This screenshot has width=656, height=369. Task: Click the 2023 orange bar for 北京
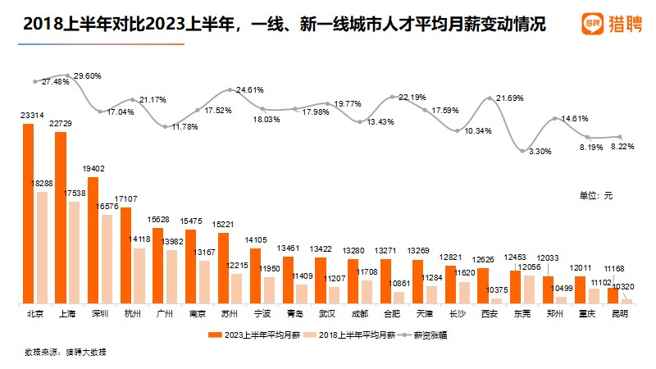pos(29,214)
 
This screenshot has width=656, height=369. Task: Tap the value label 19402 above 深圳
pos(93,166)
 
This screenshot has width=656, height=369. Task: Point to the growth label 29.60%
pos(88,75)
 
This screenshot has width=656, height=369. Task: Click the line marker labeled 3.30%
pos(522,151)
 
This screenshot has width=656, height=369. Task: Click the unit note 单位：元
pos(596,196)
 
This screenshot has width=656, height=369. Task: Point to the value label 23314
pos(33,116)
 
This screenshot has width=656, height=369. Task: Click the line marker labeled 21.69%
pos(490,98)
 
